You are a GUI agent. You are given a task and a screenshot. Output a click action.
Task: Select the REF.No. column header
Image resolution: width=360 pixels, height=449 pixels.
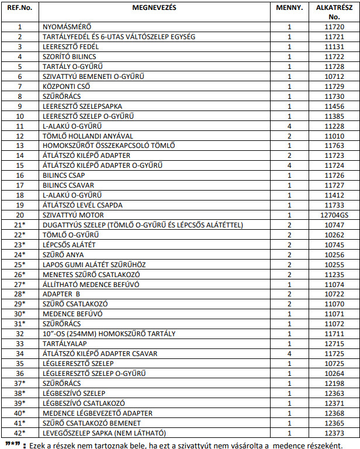click(x=19, y=9)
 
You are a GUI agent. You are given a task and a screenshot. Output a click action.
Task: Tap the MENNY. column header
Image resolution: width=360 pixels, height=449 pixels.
click(x=289, y=9)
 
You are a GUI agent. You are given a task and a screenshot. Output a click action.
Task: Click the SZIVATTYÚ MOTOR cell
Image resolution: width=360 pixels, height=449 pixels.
click(x=72, y=215)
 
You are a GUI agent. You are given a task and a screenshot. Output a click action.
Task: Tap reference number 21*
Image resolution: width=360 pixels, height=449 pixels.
click(x=19, y=224)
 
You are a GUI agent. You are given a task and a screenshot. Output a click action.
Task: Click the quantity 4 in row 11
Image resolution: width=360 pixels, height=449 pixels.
click(x=289, y=126)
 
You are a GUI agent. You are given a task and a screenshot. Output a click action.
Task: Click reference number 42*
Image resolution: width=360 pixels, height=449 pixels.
click(x=19, y=433)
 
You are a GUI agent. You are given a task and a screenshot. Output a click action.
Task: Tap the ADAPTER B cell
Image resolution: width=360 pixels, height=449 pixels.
click(x=61, y=293)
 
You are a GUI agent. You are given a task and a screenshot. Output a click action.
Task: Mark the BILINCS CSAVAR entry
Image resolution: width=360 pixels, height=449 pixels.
click(x=69, y=185)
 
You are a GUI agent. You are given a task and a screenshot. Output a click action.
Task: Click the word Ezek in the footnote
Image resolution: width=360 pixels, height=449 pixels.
click(x=39, y=444)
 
